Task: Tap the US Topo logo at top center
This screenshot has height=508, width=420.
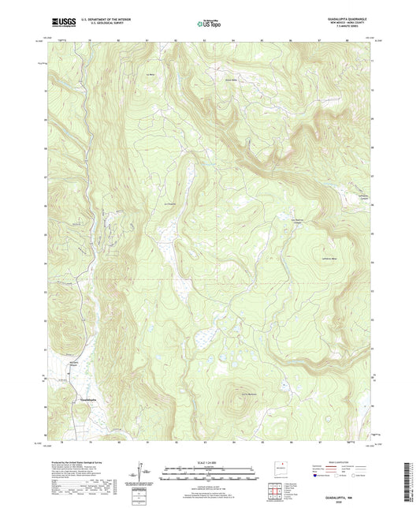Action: pyautogui.click(x=208, y=24)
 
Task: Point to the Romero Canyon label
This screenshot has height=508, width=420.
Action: pyautogui.click(x=76, y=364)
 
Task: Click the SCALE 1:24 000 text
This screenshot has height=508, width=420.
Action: pyautogui.click(x=210, y=463)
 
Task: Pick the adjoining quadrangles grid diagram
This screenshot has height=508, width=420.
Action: pyautogui.click(x=275, y=488)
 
